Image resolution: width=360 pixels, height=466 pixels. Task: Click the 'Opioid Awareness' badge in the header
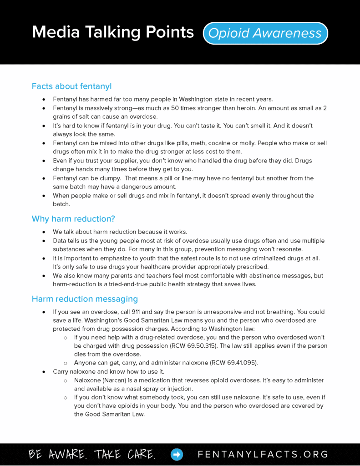265,33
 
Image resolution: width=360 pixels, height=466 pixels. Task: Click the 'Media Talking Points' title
113,32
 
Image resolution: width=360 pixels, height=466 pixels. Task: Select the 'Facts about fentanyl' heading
71,86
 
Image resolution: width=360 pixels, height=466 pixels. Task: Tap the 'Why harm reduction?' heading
73,219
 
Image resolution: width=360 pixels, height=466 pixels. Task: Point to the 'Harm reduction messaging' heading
85,299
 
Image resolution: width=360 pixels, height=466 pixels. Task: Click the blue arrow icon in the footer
177,454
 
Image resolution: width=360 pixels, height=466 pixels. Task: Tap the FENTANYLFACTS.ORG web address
263,454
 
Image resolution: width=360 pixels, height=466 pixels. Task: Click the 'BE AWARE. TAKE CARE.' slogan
92,454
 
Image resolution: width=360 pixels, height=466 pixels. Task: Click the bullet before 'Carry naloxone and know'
44,372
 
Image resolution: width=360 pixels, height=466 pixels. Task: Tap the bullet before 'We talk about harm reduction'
44,232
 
